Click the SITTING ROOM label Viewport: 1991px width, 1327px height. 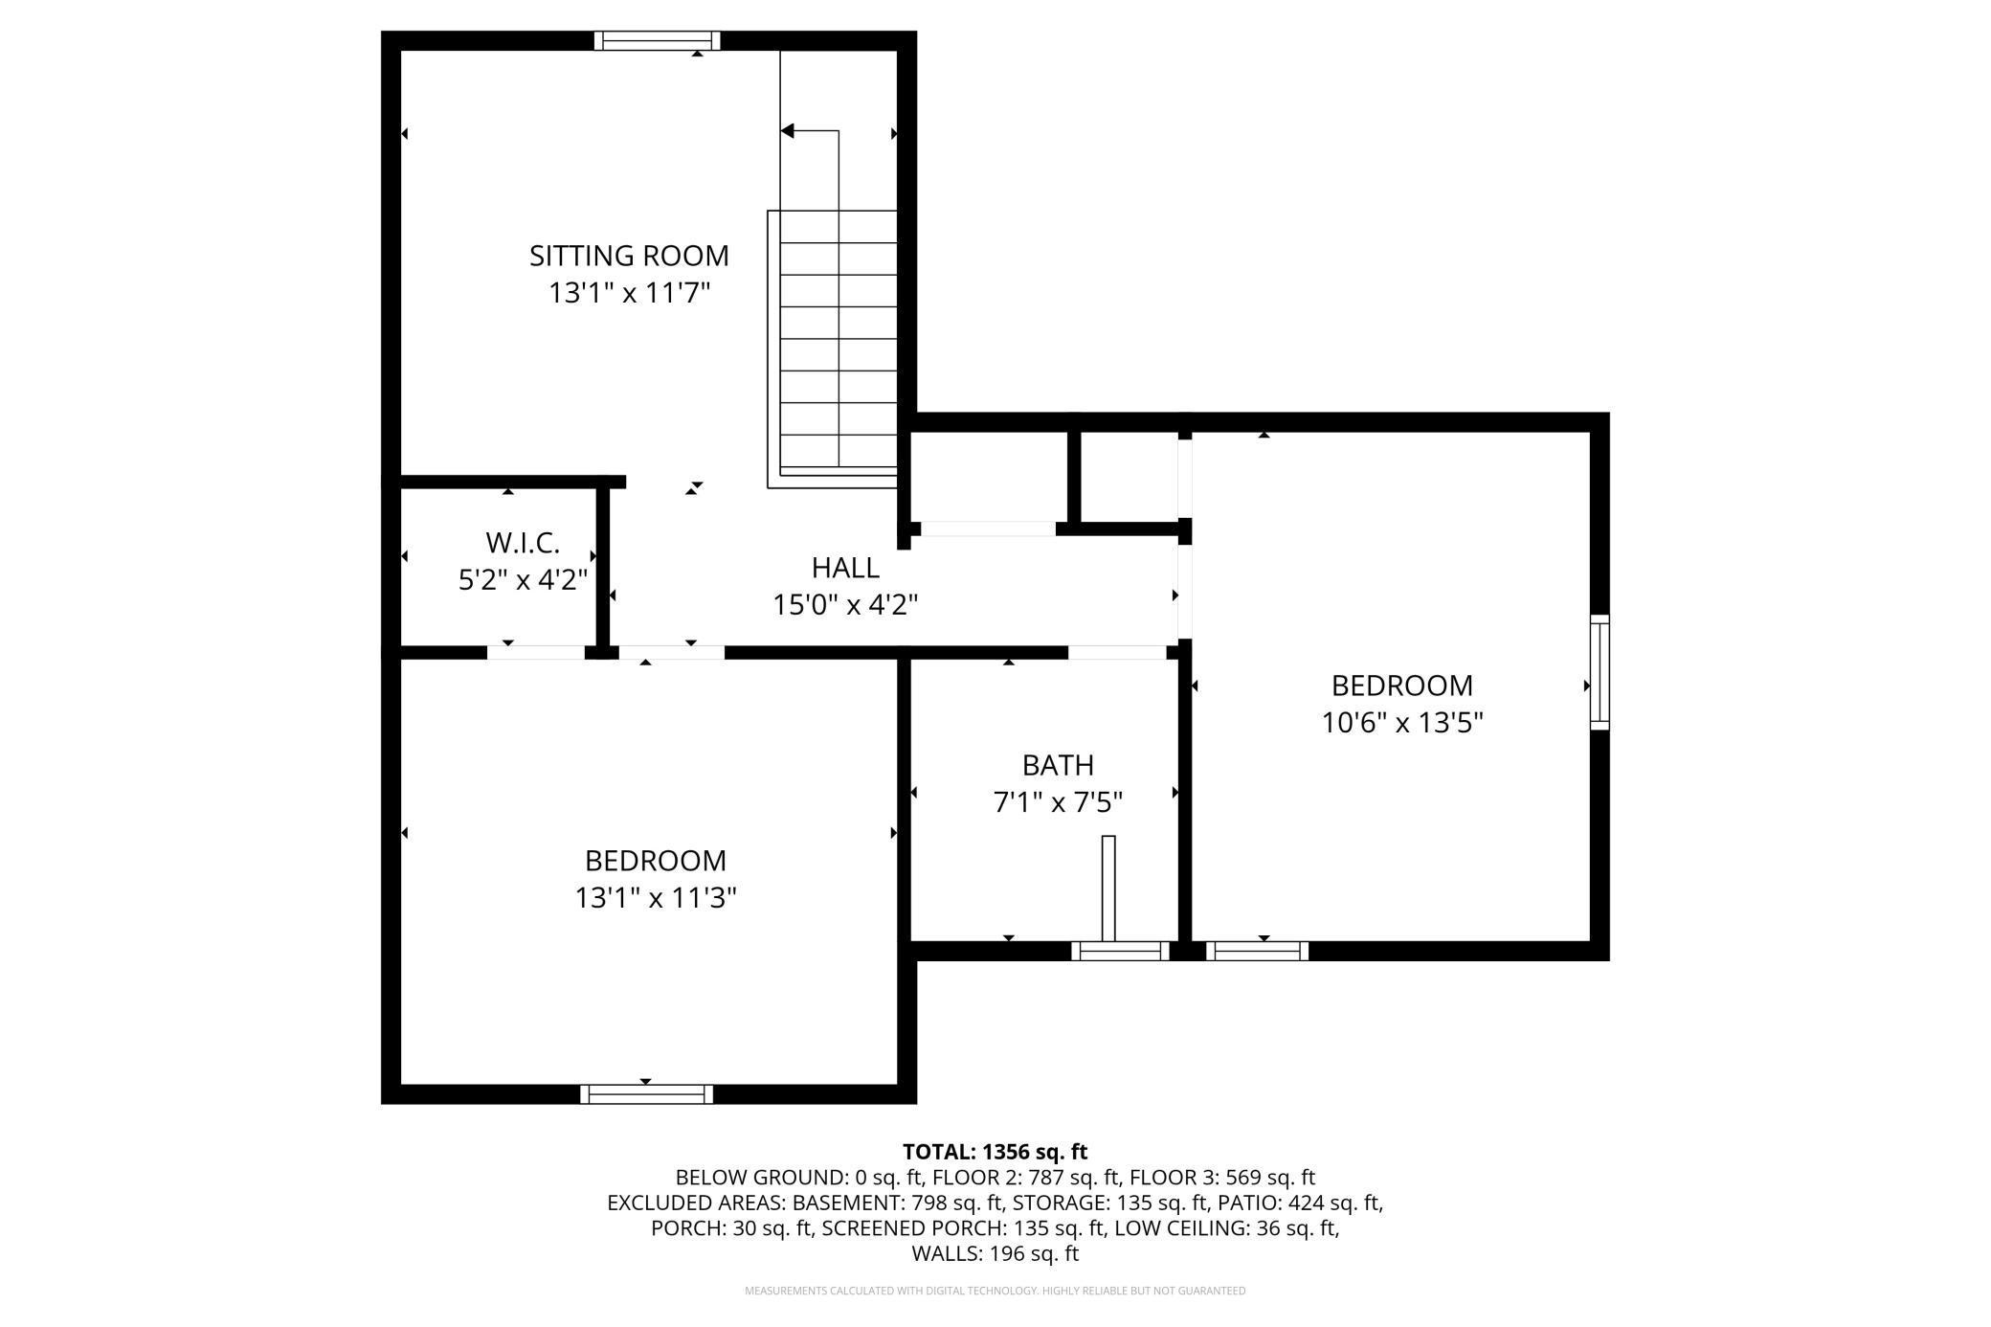(x=629, y=256)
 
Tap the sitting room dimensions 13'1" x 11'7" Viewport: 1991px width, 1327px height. (x=629, y=293)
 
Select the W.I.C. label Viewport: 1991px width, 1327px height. (x=522, y=543)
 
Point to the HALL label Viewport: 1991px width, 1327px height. (x=845, y=568)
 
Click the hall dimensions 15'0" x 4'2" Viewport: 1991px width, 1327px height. (x=845, y=605)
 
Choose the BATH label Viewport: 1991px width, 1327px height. (x=1058, y=765)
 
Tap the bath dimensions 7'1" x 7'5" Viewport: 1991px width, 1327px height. (x=1058, y=802)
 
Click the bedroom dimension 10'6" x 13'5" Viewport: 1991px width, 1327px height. (x=1402, y=723)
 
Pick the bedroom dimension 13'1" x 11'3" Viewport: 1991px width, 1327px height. (x=656, y=898)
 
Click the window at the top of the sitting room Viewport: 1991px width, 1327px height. (x=657, y=40)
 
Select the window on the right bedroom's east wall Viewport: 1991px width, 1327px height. (x=1600, y=672)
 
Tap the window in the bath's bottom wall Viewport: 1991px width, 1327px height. (x=1120, y=951)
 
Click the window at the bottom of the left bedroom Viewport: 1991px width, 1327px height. (x=646, y=1093)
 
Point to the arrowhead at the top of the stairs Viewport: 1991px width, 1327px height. (x=789, y=131)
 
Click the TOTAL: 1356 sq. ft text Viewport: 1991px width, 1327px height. (x=995, y=1152)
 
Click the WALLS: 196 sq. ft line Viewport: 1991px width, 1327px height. (x=995, y=1253)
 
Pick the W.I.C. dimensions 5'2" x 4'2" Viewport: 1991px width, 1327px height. (x=522, y=580)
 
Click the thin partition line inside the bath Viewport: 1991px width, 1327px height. (x=1108, y=888)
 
